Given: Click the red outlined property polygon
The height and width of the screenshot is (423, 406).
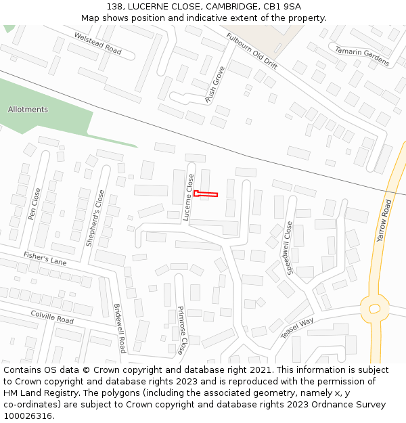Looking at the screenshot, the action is (206, 194).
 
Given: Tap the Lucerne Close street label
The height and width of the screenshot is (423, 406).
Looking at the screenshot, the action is (189, 198).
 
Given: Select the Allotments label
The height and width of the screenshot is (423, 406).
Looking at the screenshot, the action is (28, 110).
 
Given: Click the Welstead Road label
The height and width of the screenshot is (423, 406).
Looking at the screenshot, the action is (97, 44).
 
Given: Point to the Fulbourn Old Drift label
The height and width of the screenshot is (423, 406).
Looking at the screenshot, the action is (252, 51).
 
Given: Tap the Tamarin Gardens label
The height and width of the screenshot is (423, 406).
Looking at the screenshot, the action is (362, 55).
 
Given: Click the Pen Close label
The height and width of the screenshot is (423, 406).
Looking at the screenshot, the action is (34, 204).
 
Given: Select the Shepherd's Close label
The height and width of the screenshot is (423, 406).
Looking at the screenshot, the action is (95, 217).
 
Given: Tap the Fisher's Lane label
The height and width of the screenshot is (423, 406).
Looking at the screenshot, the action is (45, 258).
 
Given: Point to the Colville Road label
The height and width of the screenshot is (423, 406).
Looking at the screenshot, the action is (52, 316).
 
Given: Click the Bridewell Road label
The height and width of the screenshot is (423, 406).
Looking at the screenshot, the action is (119, 328).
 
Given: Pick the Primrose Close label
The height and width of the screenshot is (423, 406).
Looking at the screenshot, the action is (181, 330).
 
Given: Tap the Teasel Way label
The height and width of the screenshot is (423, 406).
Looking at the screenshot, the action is (297, 328).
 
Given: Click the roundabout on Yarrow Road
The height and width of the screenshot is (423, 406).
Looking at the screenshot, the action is (374, 308).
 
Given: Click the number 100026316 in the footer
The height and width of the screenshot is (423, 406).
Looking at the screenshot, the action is (29, 416).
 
